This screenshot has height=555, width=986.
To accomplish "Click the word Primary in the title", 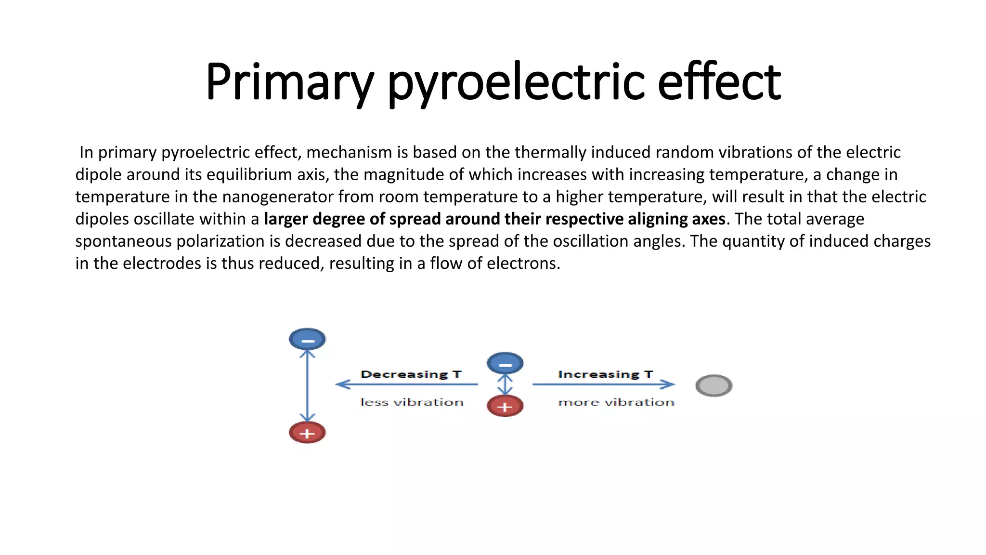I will coord(289,82).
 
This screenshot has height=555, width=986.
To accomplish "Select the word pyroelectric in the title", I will coord(516,82).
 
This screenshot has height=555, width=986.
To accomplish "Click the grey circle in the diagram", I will coord(714,385).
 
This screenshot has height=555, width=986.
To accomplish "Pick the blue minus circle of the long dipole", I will coord(307,339).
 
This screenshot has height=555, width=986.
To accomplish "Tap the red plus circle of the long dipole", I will coord(307,432).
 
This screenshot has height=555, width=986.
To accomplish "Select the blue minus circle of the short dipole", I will coord(505,363).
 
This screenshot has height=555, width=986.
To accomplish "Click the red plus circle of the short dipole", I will coord(505,406).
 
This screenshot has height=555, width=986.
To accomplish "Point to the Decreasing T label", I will coord(411,374).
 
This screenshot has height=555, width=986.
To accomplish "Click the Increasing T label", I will coord(605,374).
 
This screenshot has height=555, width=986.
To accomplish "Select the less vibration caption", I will coord(412,402).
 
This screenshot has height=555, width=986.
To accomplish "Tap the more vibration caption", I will coord(616,402).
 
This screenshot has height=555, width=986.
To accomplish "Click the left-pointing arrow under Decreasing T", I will coord(407,384).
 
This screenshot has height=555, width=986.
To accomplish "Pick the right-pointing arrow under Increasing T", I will coord(604,384).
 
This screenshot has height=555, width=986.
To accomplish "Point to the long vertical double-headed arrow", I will coord(307,385).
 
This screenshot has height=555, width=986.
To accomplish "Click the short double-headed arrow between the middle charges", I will coord(505,384).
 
